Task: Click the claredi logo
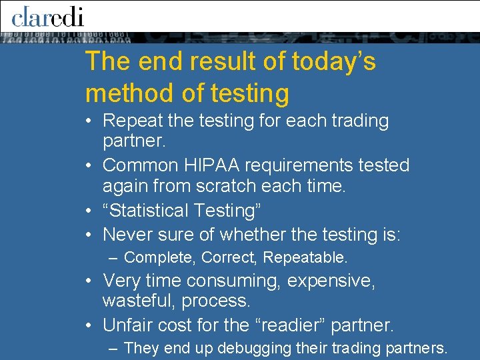tap(47, 17)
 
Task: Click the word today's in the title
tap(334, 62)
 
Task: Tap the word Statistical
tap(148, 211)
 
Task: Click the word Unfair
tap(127, 325)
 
